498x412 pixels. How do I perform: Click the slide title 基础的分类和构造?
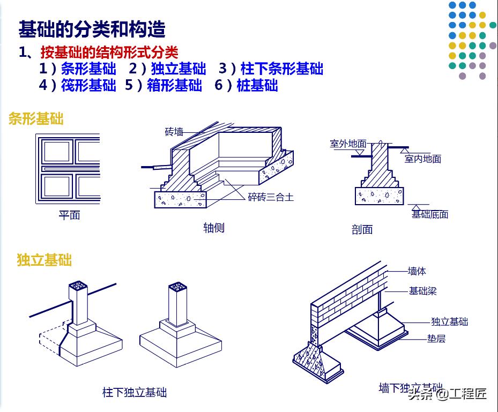pos(92,29)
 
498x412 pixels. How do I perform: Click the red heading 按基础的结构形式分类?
pos(109,53)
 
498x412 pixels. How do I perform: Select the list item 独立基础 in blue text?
pos(179,69)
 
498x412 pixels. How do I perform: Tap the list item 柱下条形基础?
pos(282,69)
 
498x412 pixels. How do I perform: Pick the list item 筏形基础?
pos(88,86)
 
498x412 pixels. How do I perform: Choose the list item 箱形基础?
pos(174,86)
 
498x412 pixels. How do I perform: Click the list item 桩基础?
pos(257,86)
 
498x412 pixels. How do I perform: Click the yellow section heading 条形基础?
pos(36,119)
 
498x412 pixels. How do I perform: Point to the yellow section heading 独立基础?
pos(44,260)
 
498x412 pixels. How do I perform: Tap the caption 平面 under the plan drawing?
pos(69,215)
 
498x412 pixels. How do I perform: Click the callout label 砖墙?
pos(174,132)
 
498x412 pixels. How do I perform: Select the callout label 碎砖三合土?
pos(271,197)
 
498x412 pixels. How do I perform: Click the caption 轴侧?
pos(213,228)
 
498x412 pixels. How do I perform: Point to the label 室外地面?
pos(348,144)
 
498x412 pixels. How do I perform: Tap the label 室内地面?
pos(423,159)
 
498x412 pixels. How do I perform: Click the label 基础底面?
pos(429,214)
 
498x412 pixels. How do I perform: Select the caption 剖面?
pos(362,230)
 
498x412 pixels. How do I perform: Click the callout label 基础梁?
pos(423,291)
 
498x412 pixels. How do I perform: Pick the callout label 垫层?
pos(436,339)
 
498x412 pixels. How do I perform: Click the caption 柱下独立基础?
pos(135,393)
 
